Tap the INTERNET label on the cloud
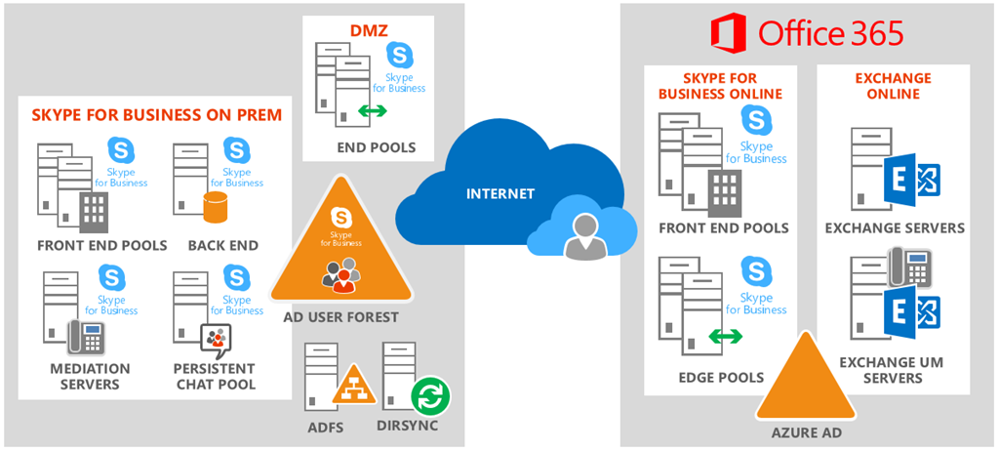point(499,193)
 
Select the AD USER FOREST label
point(340,317)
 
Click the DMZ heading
point(363,32)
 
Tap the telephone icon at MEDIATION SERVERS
point(86,337)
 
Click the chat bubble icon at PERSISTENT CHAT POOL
point(215,338)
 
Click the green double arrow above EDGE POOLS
point(724,337)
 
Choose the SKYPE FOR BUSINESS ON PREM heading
point(156,115)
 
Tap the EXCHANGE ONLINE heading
point(893,86)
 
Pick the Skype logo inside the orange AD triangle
point(340,217)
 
